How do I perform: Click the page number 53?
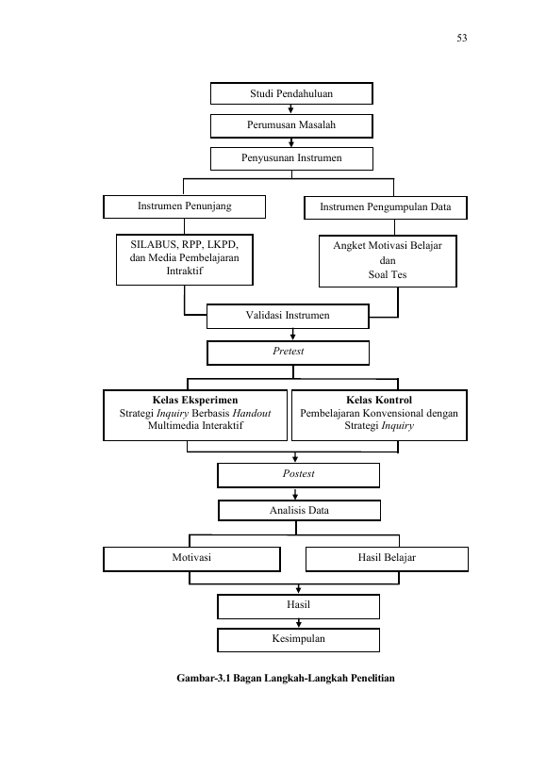pos(462,38)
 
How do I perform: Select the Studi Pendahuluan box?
pos(291,93)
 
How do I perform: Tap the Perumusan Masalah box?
pos(291,125)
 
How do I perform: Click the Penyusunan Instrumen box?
pos(291,158)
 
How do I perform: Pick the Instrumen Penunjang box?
pos(184,206)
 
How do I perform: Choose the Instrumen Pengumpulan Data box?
pos(386,207)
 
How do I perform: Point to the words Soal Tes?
pos(388,274)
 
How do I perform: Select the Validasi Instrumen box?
pos(288,316)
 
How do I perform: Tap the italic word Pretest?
pos(288,351)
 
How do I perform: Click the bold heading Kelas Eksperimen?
pos(195,400)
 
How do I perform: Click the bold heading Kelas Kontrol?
pos(379,400)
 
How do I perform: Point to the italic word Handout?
pos(252,413)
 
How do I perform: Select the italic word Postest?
pos(298,473)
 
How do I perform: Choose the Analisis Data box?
pos(299,511)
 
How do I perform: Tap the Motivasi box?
pos(191,559)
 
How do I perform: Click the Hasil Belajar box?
pos(387,559)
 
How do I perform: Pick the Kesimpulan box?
pos(298,640)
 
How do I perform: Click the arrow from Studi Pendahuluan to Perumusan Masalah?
pos(291,109)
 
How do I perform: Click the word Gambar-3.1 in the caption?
pos(204,679)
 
